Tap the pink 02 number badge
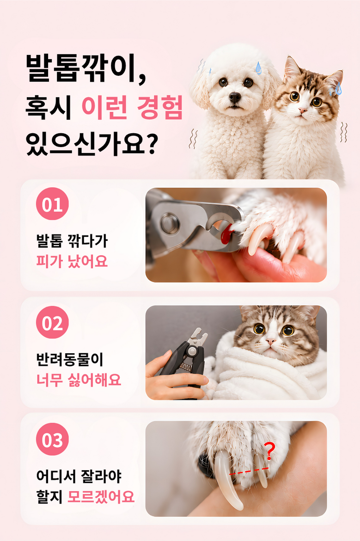tap(52, 322)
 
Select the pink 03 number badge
tap(52, 439)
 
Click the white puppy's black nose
tap(235, 97)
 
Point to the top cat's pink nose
tap(302, 111)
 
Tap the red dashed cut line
tap(249, 471)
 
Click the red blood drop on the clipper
tap(226, 234)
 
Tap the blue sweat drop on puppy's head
tap(258, 68)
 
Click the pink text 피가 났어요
tap(72, 261)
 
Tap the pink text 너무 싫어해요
tap(79, 380)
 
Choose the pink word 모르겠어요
tap(101, 497)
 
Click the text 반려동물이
tap(70, 360)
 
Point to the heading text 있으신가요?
tap(92, 143)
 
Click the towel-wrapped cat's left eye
tap(259, 329)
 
